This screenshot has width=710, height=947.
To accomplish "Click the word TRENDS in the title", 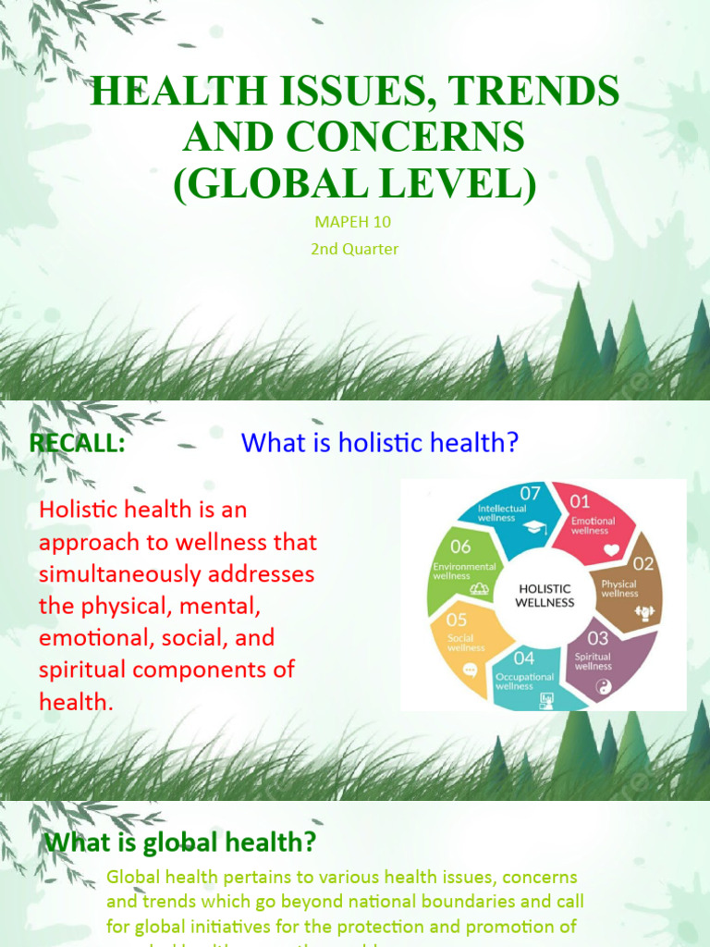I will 532,91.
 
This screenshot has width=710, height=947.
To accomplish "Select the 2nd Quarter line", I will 355,249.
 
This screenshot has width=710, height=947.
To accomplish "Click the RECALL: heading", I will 77,443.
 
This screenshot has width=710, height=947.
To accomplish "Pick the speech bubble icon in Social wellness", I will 470,670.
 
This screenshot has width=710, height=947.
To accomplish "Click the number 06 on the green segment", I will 459,547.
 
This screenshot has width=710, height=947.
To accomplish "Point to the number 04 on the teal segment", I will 524,658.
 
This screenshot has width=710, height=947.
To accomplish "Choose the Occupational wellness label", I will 525,681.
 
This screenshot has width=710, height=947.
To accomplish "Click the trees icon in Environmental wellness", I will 480,587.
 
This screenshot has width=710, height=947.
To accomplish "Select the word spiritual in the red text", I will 80,670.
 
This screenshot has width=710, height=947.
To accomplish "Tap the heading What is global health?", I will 180,842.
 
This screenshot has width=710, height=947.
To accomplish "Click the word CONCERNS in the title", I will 354,136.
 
